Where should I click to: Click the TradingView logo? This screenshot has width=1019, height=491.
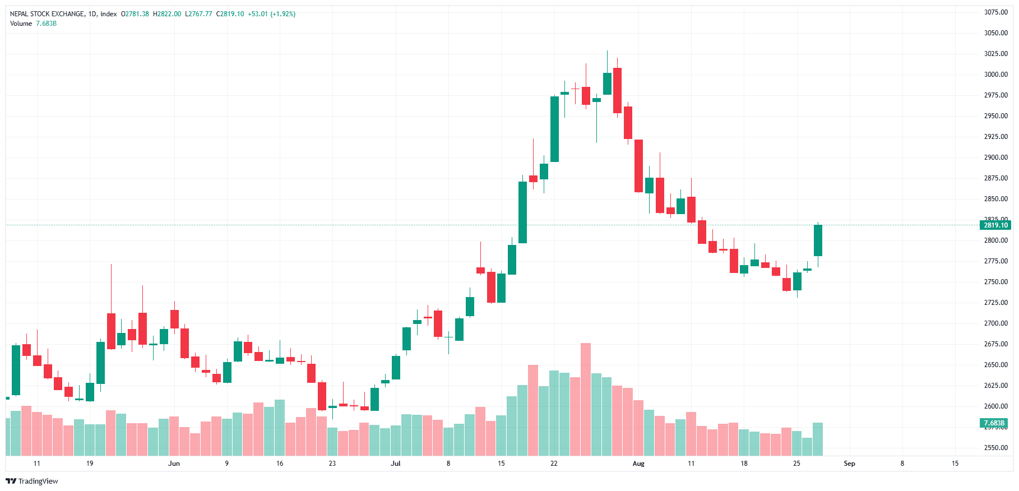(32, 481)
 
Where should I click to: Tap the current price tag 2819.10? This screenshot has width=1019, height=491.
(995, 225)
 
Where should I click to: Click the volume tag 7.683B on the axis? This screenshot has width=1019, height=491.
(994, 423)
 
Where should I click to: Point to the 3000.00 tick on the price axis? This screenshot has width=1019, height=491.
(995, 75)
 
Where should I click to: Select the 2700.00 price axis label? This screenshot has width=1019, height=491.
(995, 323)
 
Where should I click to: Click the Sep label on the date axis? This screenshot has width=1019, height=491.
(849, 464)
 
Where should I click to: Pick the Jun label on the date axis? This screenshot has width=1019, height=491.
(174, 464)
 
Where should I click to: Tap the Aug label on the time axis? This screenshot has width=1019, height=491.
(638, 464)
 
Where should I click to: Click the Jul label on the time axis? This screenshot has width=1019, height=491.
(396, 464)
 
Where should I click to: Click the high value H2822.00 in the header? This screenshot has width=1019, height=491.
(167, 14)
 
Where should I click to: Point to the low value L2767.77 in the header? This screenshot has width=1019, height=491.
(198, 14)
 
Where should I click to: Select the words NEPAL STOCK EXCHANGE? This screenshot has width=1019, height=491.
(47, 14)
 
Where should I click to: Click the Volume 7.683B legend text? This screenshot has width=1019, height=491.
(33, 24)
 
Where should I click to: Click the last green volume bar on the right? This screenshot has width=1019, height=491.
(818, 439)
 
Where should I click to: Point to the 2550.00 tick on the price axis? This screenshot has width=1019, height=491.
(995, 448)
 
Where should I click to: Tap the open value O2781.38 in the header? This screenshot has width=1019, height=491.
(135, 14)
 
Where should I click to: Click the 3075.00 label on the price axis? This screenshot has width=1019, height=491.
(995, 12)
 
